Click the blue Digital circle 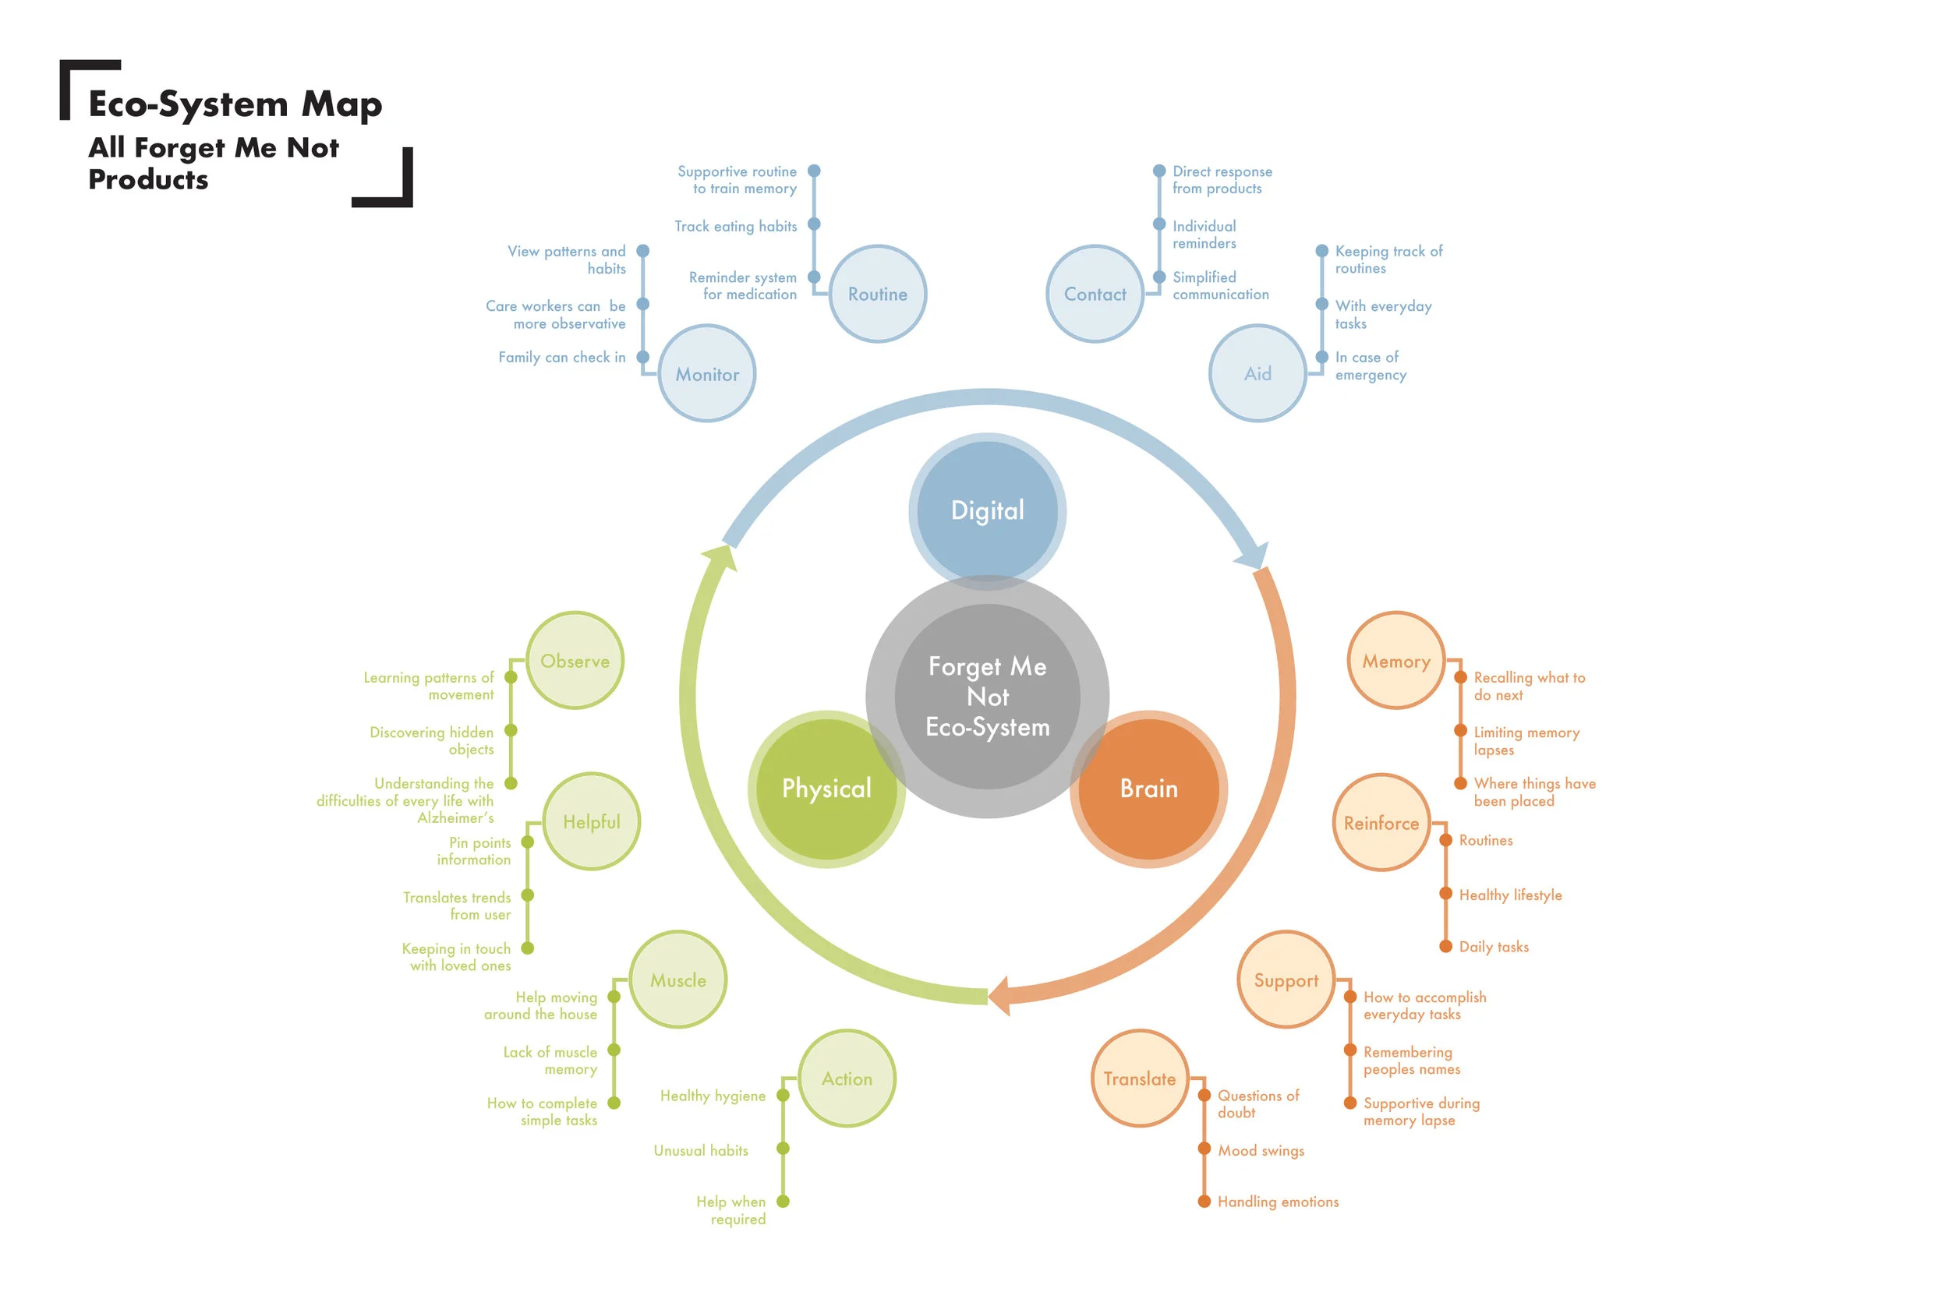pos(987,510)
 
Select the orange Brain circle pos(1148,788)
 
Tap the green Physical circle pos(826,788)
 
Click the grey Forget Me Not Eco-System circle pos(987,696)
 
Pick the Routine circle pos(878,294)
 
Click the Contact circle pos(1095,294)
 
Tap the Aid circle pos(1257,373)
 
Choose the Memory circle pos(1396,660)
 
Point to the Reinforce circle pos(1381,823)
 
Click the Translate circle pos(1140,1078)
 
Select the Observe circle pos(575,660)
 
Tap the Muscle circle pos(677,980)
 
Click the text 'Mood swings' pos(1261,1150)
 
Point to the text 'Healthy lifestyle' pos(1510,895)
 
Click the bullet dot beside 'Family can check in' pos(642,357)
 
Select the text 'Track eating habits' pos(735,226)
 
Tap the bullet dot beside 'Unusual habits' pos(782,1149)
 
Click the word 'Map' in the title pos(341,104)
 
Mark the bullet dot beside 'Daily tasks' pos(1445,946)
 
